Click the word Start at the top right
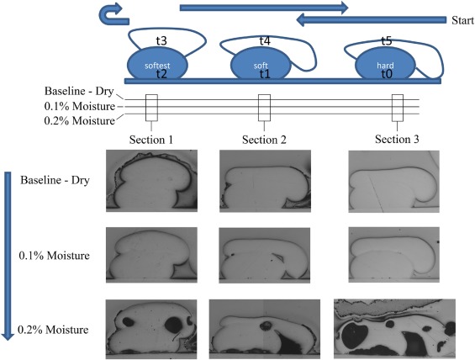coord(462,20)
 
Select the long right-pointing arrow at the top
coord(264,8)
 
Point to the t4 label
coord(265,41)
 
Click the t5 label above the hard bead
coord(387,40)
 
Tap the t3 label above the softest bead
coord(161,41)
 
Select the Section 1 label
coord(151,140)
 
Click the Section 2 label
coord(264,140)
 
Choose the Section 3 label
coord(397,139)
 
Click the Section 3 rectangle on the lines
coord(398,108)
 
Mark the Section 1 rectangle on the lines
coord(151,108)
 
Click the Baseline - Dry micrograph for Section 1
coord(152,181)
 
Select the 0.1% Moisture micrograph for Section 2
coord(265,255)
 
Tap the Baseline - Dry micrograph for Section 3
coord(393,181)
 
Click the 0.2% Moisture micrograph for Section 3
coord(394,329)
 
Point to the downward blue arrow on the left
coord(8,256)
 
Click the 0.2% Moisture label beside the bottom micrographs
coord(53,330)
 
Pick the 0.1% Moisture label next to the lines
coord(80,106)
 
